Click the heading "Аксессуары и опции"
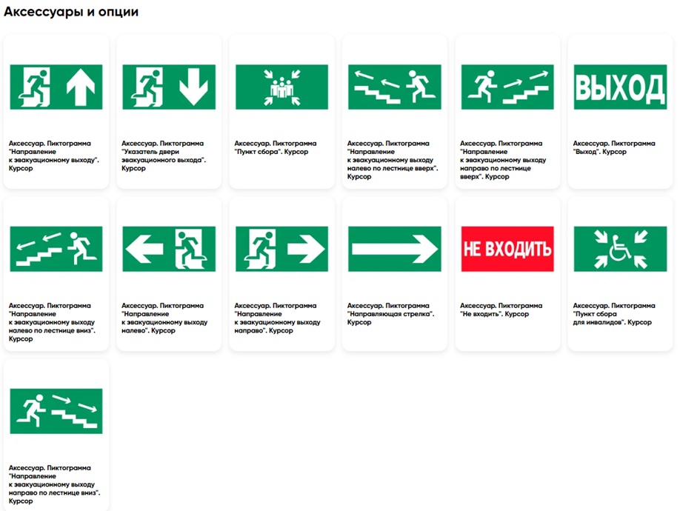coord(71,12)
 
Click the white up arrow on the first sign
coord(81,87)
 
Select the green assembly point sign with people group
coord(282,87)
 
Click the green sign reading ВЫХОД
coord(620,87)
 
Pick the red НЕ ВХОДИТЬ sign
coord(507,249)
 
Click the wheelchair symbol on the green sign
coord(620,248)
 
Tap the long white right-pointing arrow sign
coord(395,249)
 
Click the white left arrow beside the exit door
coord(144,249)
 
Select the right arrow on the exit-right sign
coord(306,249)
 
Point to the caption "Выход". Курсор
coord(614,147)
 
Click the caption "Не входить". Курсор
coord(501,310)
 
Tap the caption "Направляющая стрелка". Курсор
coord(390,314)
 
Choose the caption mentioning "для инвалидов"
coord(614,314)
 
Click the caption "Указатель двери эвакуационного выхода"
coord(164,156)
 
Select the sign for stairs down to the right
coord(56,411)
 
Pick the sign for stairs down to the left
coord(56,249)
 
